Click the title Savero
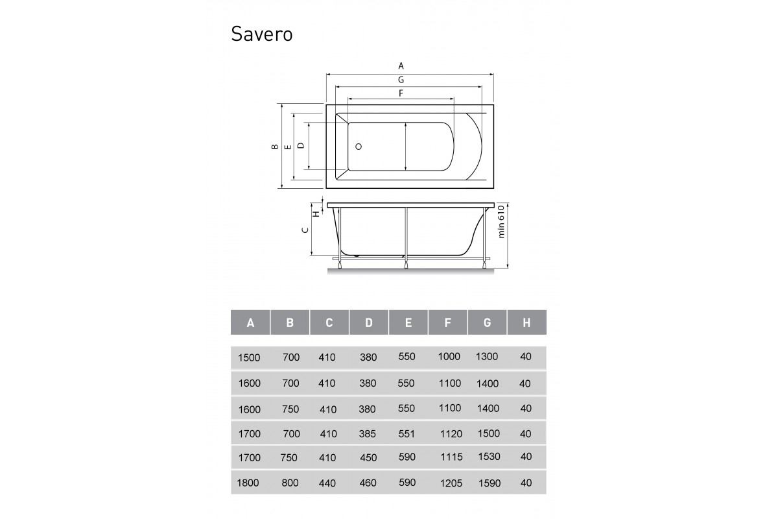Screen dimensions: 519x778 pos(261,34)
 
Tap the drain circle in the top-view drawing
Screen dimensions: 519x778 pos(357,147)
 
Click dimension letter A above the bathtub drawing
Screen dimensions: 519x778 pos(401,66)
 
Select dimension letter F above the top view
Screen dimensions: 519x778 pos(401,93)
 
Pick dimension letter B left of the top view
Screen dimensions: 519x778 pos(275,147)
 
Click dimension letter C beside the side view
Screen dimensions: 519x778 pos(305,231)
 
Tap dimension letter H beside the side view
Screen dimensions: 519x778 pos(316,213)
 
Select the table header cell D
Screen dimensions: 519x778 pos(369,322)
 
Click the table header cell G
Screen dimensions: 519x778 pos(487,322)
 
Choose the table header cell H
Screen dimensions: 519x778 pos(526,322)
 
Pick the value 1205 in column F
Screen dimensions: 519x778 pos(451,483)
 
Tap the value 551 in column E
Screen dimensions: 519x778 pos(406,433)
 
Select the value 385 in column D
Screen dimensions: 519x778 pos(368,433)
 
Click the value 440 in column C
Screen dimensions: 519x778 pos(327,483)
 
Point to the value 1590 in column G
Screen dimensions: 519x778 pos(489,483)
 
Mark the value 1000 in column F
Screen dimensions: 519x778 pos(449,356)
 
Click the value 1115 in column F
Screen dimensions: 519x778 pos(451,457)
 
